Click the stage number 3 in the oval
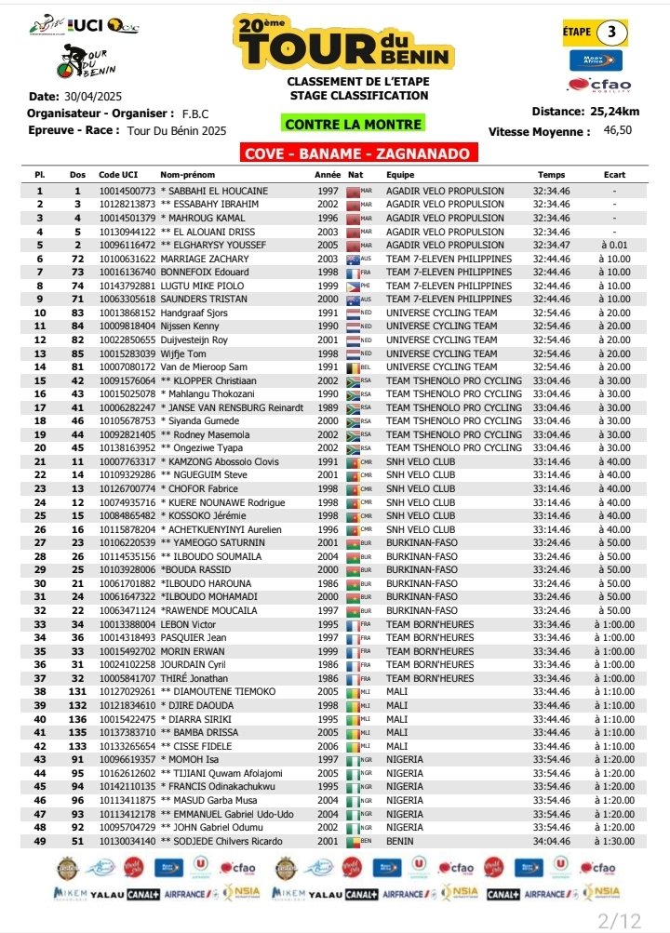click(x=611, y=31)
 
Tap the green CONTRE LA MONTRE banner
click(x=353, y=124)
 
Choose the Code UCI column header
click(x=119, y=175)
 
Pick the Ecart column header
click(x=613, y=175)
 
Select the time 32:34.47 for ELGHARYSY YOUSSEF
click(x=552, y=245)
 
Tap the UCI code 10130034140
click(x=127, y=841)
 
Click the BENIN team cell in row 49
click(x=401, y=841)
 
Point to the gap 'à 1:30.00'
click(x=614, y=841)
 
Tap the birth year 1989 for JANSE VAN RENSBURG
click(x=328, y=407)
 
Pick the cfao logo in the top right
click(x=600, y=85)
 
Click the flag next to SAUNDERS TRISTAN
click(x=353, y=300)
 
